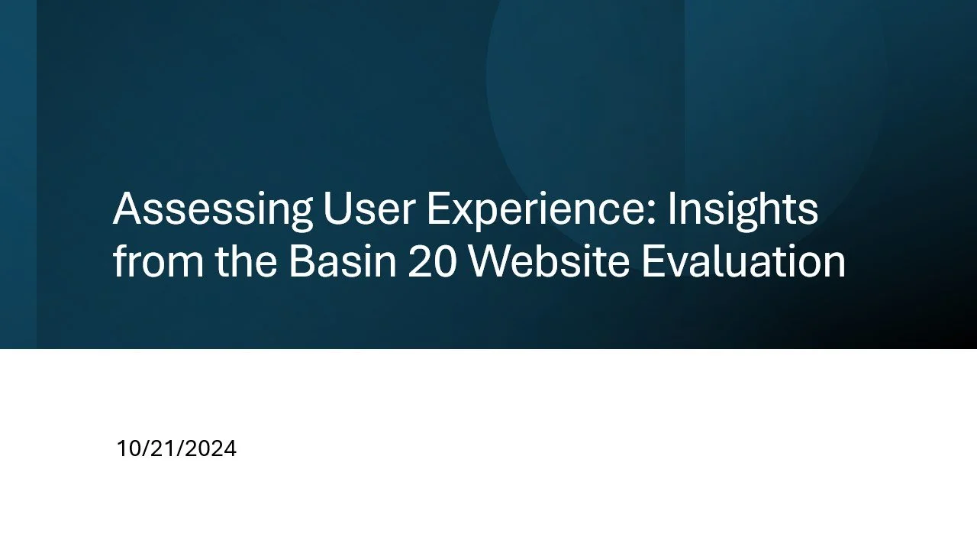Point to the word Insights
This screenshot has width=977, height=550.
pos(743,209)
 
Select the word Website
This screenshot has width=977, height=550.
pos(548,262)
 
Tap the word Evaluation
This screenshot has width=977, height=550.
pos(743,262)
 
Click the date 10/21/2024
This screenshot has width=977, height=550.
pos(176,449)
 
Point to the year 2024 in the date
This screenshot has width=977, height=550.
pos(211,449)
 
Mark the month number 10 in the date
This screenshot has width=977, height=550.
pos(126,449)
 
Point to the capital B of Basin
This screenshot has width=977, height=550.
pos(301,262)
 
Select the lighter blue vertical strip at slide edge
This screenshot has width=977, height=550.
pos(18,174)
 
